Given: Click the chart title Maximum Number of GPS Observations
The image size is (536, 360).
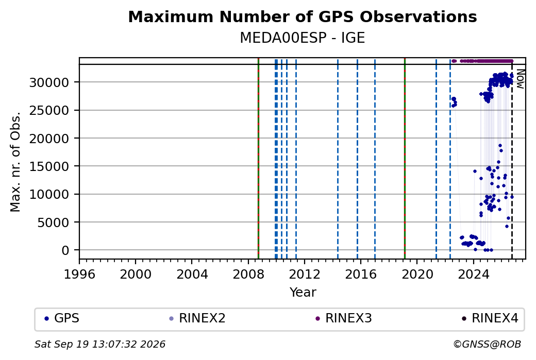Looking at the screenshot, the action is pos(303,16).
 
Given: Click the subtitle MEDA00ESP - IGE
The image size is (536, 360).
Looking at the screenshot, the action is pos(303,38).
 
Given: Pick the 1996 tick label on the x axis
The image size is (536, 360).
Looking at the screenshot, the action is pos(79,274).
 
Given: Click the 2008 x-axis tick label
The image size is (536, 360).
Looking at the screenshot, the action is pos(248,274).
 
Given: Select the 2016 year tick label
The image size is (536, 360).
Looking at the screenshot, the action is pos(361,274).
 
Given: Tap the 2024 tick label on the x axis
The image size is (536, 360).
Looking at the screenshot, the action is pos(474,274).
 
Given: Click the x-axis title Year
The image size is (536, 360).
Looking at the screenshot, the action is pos(303,293).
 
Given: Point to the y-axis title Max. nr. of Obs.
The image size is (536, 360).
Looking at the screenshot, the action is pos(15,162).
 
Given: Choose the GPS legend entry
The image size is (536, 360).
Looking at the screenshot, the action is pos(62,318).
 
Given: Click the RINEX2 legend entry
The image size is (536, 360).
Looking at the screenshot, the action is pos(197,318).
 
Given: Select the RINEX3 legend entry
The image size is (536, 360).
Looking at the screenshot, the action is pos(344,318).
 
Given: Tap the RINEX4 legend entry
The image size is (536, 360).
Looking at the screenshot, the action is pos(490,318).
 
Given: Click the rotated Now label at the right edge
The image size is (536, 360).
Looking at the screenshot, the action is pos(520,79).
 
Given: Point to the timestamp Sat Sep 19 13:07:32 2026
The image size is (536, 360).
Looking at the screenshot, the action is pos(100,344).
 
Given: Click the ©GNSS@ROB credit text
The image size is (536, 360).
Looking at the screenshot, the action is pos(487,344).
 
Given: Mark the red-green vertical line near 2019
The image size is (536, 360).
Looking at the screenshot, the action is pos(405,158).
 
